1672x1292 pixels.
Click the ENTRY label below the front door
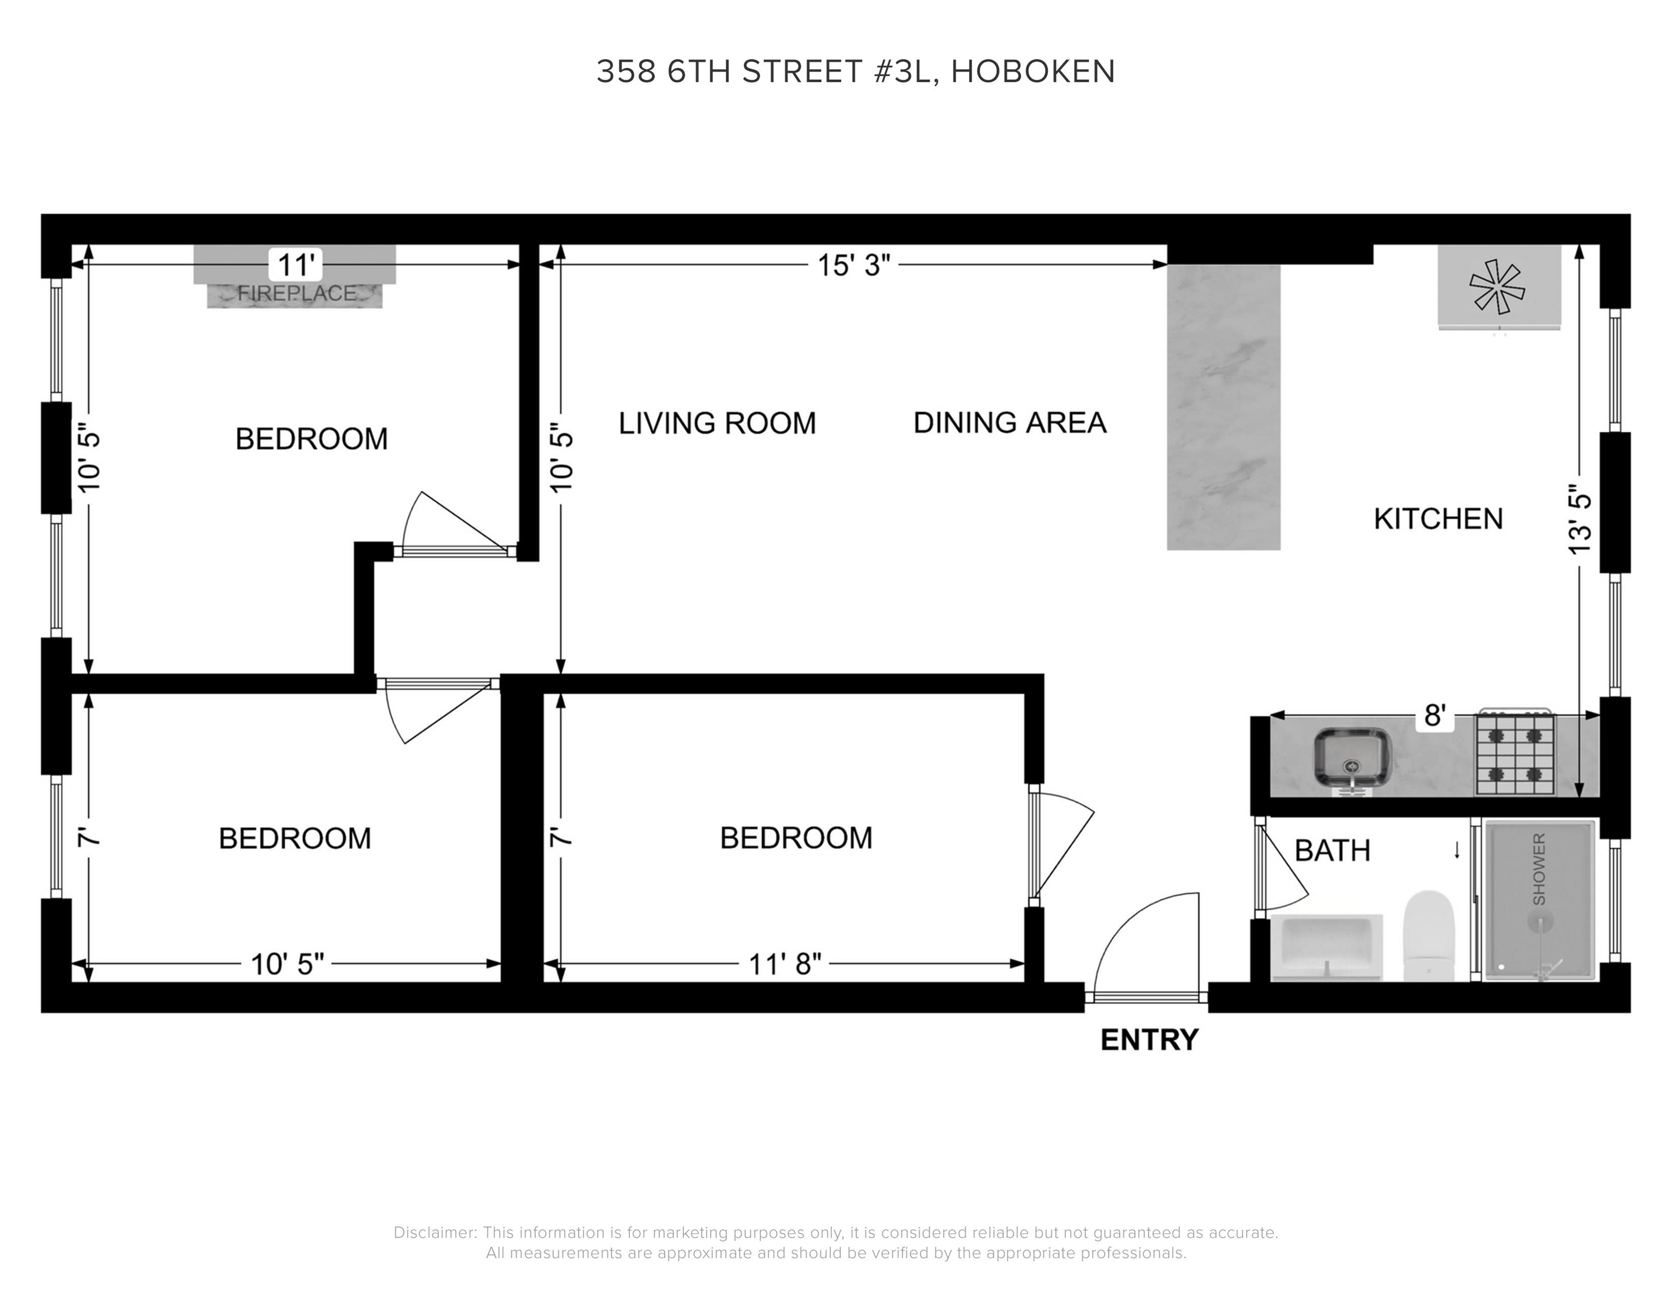1149,1040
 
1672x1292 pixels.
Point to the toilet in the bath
1429,935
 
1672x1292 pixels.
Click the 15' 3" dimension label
854,266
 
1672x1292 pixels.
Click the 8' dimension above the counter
1434,716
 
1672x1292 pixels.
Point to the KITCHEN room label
1438,519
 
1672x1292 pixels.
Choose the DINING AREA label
1010,422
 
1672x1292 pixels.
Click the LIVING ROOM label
717,423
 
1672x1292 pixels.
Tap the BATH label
1332,850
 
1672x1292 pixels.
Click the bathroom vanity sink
1326,947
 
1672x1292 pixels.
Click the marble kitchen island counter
1223,407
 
